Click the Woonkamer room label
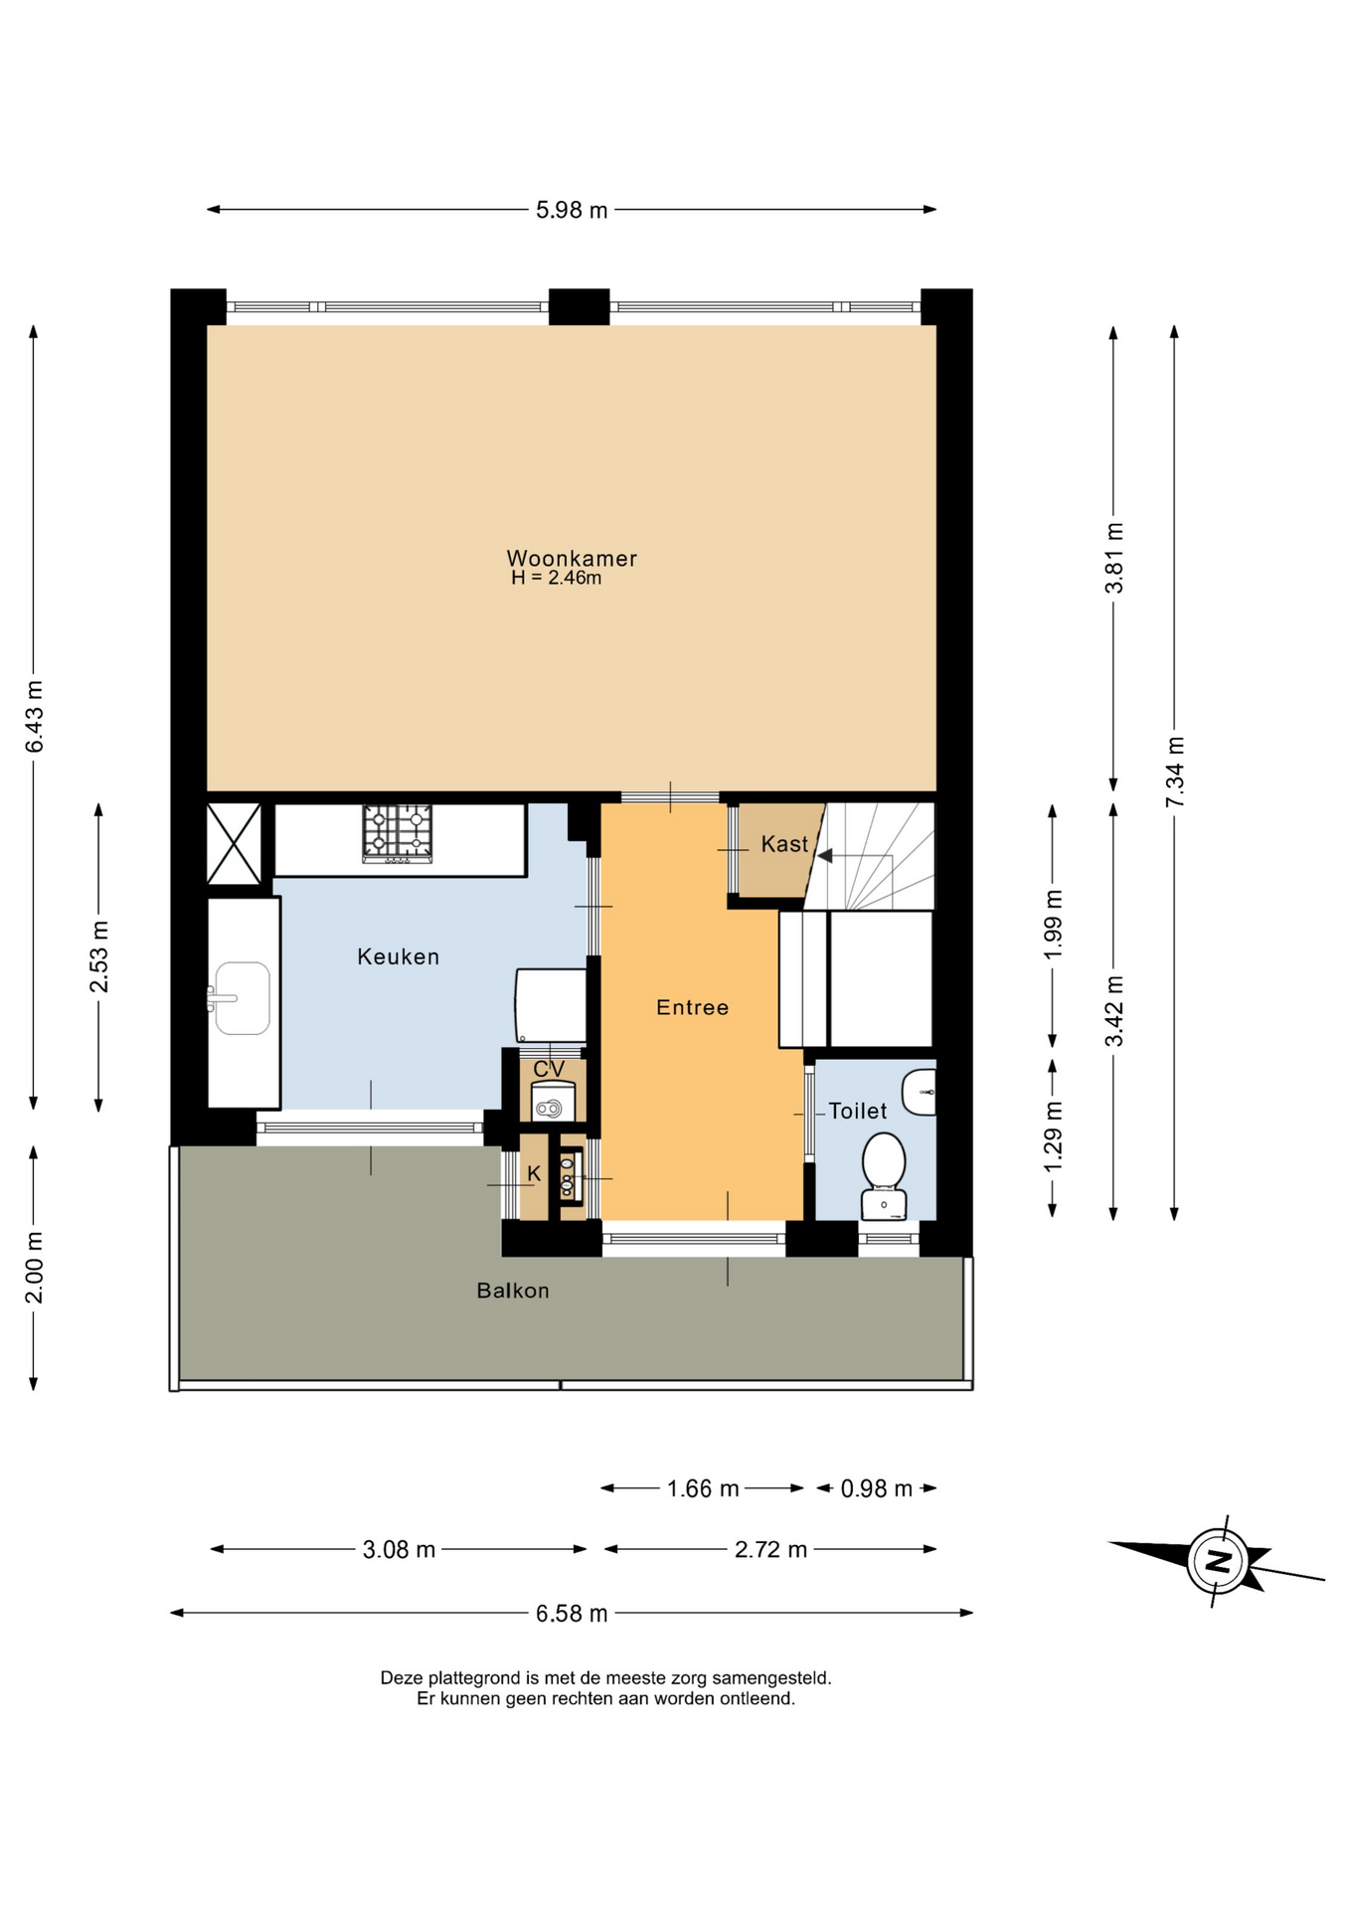coord(572,558)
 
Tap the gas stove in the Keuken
coord(398,833)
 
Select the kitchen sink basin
coord(243,998)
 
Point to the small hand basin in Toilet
coord(920,1093)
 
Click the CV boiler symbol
coord(553,1103)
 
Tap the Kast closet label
coord(784,844)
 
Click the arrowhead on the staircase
coord(824,855)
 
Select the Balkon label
coord(513,1291)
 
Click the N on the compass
coord(1217,1560)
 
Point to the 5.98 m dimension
coord(572,210)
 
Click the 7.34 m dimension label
coord(1175,773)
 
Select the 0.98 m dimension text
coord(877,1488)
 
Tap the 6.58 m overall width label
coord(572,1613)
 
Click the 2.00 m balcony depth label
coord(34,1267)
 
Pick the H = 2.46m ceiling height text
coord(556,578)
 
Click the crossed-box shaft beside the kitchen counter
coord(234,844)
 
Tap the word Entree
coord(693,1007)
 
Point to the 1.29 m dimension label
coord(1054,1136)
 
